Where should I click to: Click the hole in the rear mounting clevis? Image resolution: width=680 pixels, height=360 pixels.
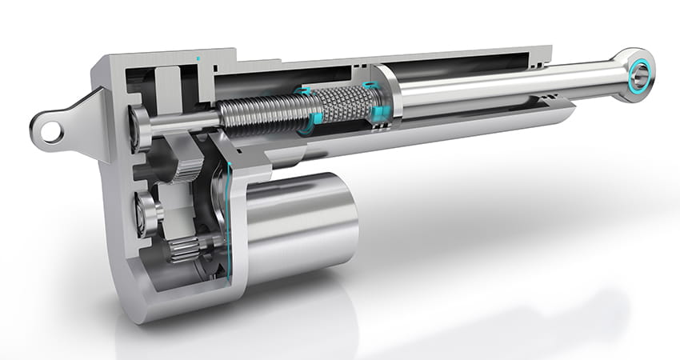(x=52, y=130)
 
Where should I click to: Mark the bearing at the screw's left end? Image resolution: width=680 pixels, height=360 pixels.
(x=139, y=128)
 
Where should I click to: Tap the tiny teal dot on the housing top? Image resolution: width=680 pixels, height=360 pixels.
(x=197, y=59)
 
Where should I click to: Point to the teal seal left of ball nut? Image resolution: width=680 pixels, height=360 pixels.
(x=311, y=111)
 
